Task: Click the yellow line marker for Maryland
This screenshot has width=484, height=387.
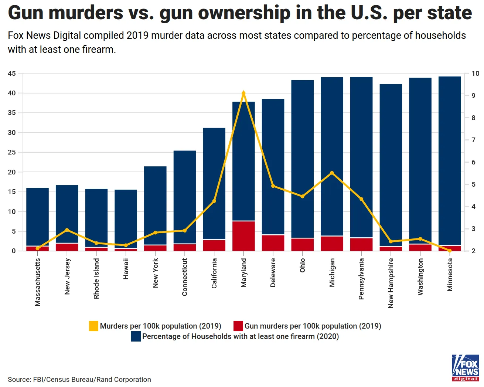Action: (x=243, y=93)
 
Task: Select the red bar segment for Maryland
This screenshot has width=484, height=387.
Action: (x=243, y=236)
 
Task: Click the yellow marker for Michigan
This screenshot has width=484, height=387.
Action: (x=332, y=173)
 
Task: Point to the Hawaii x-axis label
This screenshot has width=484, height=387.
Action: (x=126, y=269)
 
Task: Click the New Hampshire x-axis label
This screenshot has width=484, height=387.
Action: (x=391, y=283)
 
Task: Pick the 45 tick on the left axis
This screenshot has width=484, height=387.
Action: (x=12, y=74)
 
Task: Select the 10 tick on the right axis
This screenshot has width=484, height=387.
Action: (x=475, y=74)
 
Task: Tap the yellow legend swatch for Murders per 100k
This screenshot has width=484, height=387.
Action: (x=94, y=326)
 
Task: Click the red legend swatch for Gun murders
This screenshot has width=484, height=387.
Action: (x=238, y=326)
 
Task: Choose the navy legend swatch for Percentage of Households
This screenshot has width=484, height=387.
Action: (x=136, y=336)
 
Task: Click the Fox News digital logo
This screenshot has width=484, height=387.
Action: (x=465, y=368)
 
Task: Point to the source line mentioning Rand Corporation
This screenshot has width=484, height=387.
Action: (x=79, y=380)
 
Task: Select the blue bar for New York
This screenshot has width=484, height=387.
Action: (x=155, y=205)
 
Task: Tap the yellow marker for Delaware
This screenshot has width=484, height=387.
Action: (x=273, y=186)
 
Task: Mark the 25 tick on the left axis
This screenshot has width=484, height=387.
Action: (x=12, y=152)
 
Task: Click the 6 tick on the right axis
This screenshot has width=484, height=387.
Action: (x=473, y=162)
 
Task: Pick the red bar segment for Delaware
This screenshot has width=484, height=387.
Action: (x=273, y=243)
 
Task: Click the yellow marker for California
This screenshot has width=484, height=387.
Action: (x=214, y=201)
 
